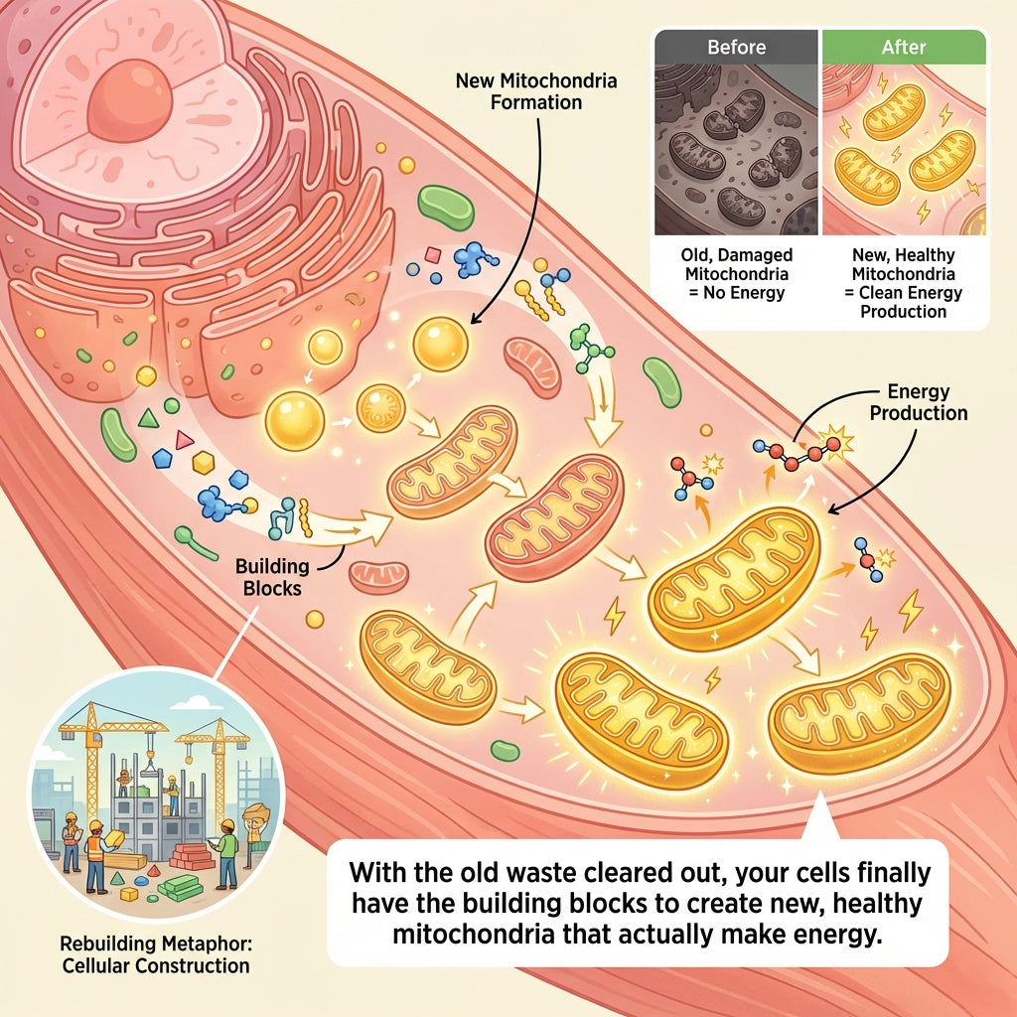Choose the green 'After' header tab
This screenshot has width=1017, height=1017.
pyautogui.click(x=902, y=47)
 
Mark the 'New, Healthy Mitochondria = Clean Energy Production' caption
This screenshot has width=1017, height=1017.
pyautogui.click(x=902, y=284)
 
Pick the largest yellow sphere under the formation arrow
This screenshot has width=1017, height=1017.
pyautogui.click(x=440, y=345)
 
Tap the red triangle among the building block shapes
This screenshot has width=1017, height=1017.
pyautogui.click(x=183, y=439)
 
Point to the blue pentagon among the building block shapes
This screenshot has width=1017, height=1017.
pyautogui.click(x=162, y=458)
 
